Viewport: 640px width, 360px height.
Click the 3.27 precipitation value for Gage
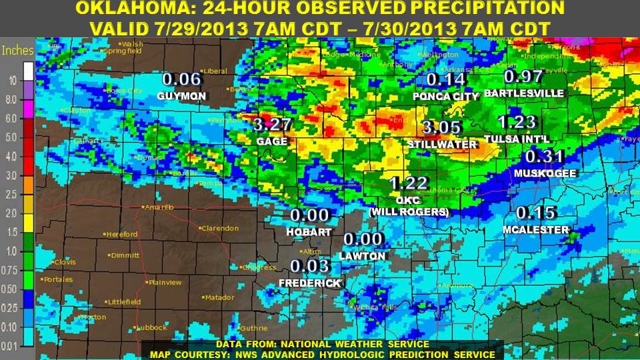(273, 125)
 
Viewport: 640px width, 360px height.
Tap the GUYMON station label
(181, 97)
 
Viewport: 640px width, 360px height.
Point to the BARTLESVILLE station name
(524, 93)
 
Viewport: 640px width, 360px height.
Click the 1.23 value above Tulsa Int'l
(517, 122)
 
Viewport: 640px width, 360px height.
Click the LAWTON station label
(362, 256)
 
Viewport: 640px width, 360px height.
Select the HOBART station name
(309, 232)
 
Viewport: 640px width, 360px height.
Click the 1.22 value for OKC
(409, 183)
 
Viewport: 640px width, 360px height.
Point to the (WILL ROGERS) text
(409, 212)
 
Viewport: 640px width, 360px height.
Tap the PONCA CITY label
(445, 97)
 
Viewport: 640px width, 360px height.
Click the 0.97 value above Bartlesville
(523, 77)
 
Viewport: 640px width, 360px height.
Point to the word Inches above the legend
(18, 51)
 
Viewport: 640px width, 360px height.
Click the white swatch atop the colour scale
(28, 70)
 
